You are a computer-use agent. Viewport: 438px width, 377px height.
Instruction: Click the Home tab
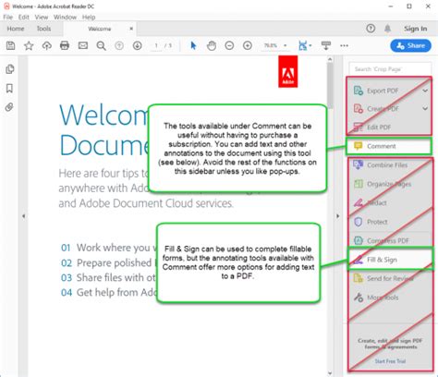(x=16, y=29)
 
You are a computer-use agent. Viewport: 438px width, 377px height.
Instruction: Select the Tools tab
(x=43, y=29)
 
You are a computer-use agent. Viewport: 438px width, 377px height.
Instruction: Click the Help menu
(x=89, y=17)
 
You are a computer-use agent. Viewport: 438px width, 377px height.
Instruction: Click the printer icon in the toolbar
(x=65, y=44)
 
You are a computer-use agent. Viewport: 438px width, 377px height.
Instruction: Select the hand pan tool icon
(x=212, y=44)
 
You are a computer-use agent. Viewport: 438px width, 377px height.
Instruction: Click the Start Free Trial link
(x=390, y=362)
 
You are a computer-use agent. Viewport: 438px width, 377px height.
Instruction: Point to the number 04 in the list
(x=66, y=292)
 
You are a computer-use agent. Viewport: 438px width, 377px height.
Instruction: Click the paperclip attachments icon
(x=9, y=107)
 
